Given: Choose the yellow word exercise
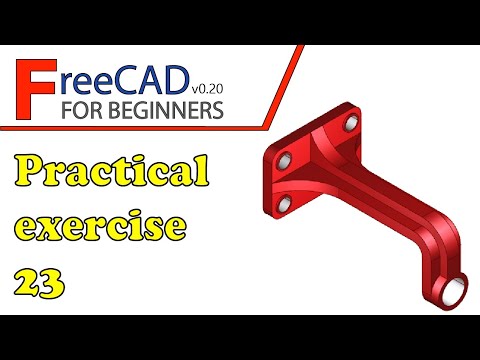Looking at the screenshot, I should [x=100, y=227].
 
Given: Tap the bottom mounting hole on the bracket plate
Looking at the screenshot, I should [x=283, y=204].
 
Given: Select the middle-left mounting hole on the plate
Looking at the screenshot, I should [x=283, y=160].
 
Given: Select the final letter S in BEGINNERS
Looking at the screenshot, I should [x=217, y=107].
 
